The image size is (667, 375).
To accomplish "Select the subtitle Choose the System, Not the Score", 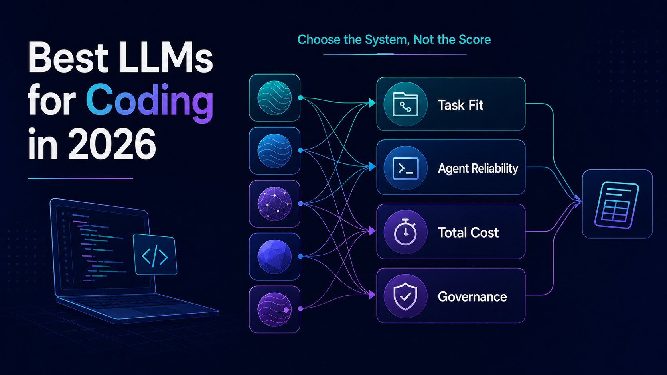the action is [394, 39].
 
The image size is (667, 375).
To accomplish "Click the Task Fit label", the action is [460, 105].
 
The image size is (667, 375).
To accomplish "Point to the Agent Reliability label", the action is [478, 168].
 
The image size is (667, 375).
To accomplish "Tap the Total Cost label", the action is [468, 233].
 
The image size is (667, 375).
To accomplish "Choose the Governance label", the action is [472, 297].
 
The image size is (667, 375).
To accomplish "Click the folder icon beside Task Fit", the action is [405, 104].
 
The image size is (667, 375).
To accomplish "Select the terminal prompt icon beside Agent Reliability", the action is [405, 168].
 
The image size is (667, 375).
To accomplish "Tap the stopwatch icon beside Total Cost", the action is [405, 232].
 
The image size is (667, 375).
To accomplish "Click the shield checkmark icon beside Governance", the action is [405, 296].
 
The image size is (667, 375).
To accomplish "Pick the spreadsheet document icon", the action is [617, 205].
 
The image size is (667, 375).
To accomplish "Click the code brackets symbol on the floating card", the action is [155, 256].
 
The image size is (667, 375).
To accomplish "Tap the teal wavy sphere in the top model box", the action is [274, 98].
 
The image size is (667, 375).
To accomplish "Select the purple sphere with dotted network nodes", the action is [274, 204].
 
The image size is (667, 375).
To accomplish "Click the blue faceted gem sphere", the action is [274, 257].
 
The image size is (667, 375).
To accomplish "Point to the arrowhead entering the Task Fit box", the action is [372, 103].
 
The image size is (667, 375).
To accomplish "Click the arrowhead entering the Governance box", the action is [372, 295].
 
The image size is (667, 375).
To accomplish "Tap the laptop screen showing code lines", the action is [103, 248].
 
